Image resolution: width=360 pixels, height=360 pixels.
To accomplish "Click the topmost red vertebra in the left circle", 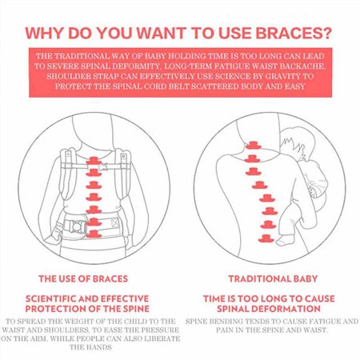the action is [x=94, y=161].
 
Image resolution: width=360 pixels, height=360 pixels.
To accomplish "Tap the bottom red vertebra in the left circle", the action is [x=94, y=234].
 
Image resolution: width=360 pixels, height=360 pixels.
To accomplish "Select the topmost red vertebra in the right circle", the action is [x=253, y=146].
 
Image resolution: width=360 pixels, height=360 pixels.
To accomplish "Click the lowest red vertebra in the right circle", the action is [x=266, y=238].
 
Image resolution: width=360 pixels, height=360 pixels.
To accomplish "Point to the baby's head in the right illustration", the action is [x=292, y=142].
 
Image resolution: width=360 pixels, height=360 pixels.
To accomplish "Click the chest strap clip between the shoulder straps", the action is [x=102, y=167].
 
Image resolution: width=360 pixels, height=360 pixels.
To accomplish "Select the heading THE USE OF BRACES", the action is [x=83, y=278].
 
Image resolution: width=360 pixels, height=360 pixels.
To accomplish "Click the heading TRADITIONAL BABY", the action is [x=273, y=278].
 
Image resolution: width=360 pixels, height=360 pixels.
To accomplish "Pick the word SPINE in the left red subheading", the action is [x=136, y=309].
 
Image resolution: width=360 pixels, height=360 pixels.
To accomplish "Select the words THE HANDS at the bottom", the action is [x=90, y=347].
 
